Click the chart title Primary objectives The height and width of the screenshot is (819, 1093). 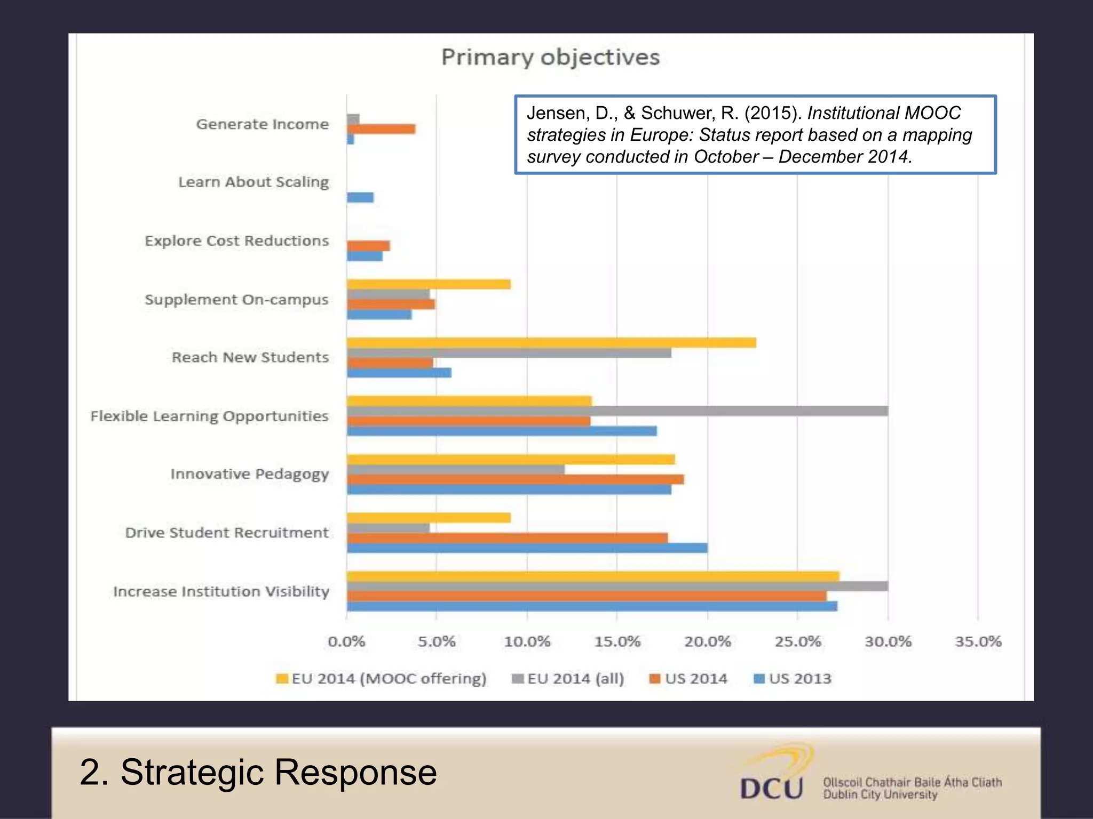coord(550,57)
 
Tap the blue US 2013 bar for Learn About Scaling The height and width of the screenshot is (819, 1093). coord(360,197)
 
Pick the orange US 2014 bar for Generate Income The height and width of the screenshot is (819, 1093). coord(381,129)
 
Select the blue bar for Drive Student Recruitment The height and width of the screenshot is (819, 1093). coord(527,548)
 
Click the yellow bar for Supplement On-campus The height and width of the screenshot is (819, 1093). coord(429,284)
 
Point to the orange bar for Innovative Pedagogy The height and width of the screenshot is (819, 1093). coord(515,479)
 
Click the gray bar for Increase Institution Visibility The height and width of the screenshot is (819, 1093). coord(617,586)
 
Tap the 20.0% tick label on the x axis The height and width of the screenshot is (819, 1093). coord(707,641)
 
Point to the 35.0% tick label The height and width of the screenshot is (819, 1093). coord(978,641)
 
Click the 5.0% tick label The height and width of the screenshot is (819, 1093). coord(437,641)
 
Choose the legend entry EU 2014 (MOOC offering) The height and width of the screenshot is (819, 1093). coord(381,679)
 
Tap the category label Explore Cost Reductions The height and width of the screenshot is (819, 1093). coord(236,241)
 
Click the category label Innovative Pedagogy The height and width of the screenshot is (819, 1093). coord(249,474)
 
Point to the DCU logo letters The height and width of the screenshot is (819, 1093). coord(771,788)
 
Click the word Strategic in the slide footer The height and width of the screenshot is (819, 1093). coord(192,773)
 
